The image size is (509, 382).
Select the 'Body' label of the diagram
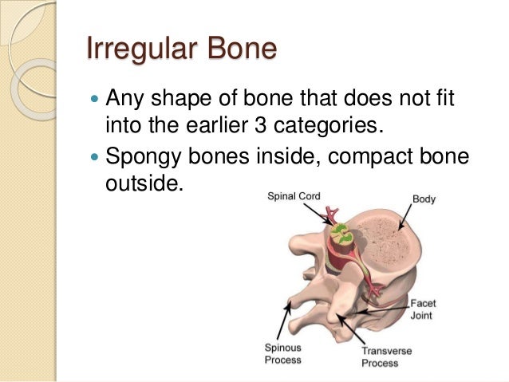click(x=423, y=199)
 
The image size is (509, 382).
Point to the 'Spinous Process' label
click(x=282, y=353)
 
